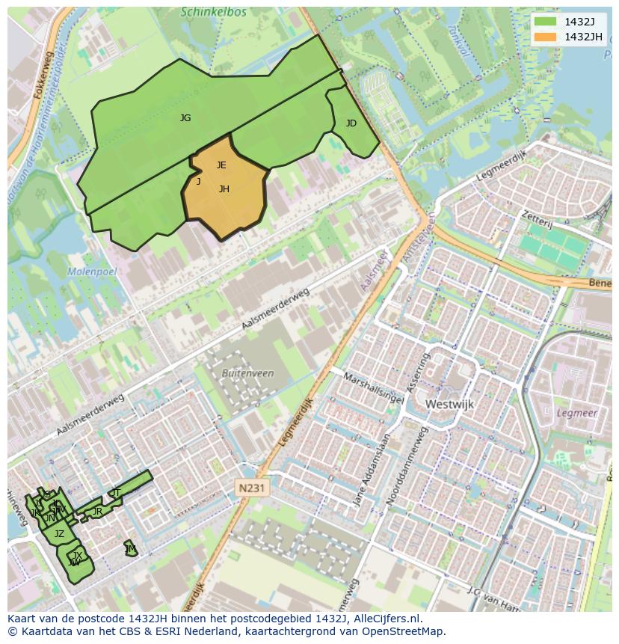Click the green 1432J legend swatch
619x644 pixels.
click(546, 22)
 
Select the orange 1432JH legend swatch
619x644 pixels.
click(546, 37)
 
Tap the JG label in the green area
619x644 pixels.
click(185, 118)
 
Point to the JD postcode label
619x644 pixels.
click(351, 123)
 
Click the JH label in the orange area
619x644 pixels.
click(224, 189)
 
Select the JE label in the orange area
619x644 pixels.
click(221, 165)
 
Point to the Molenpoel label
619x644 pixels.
click(91, 272)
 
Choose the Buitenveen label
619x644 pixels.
click(248, 373)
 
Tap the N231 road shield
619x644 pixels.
click(250, 488)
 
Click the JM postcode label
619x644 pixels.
click(131, 549)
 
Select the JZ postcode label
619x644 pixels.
click(59, 534)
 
